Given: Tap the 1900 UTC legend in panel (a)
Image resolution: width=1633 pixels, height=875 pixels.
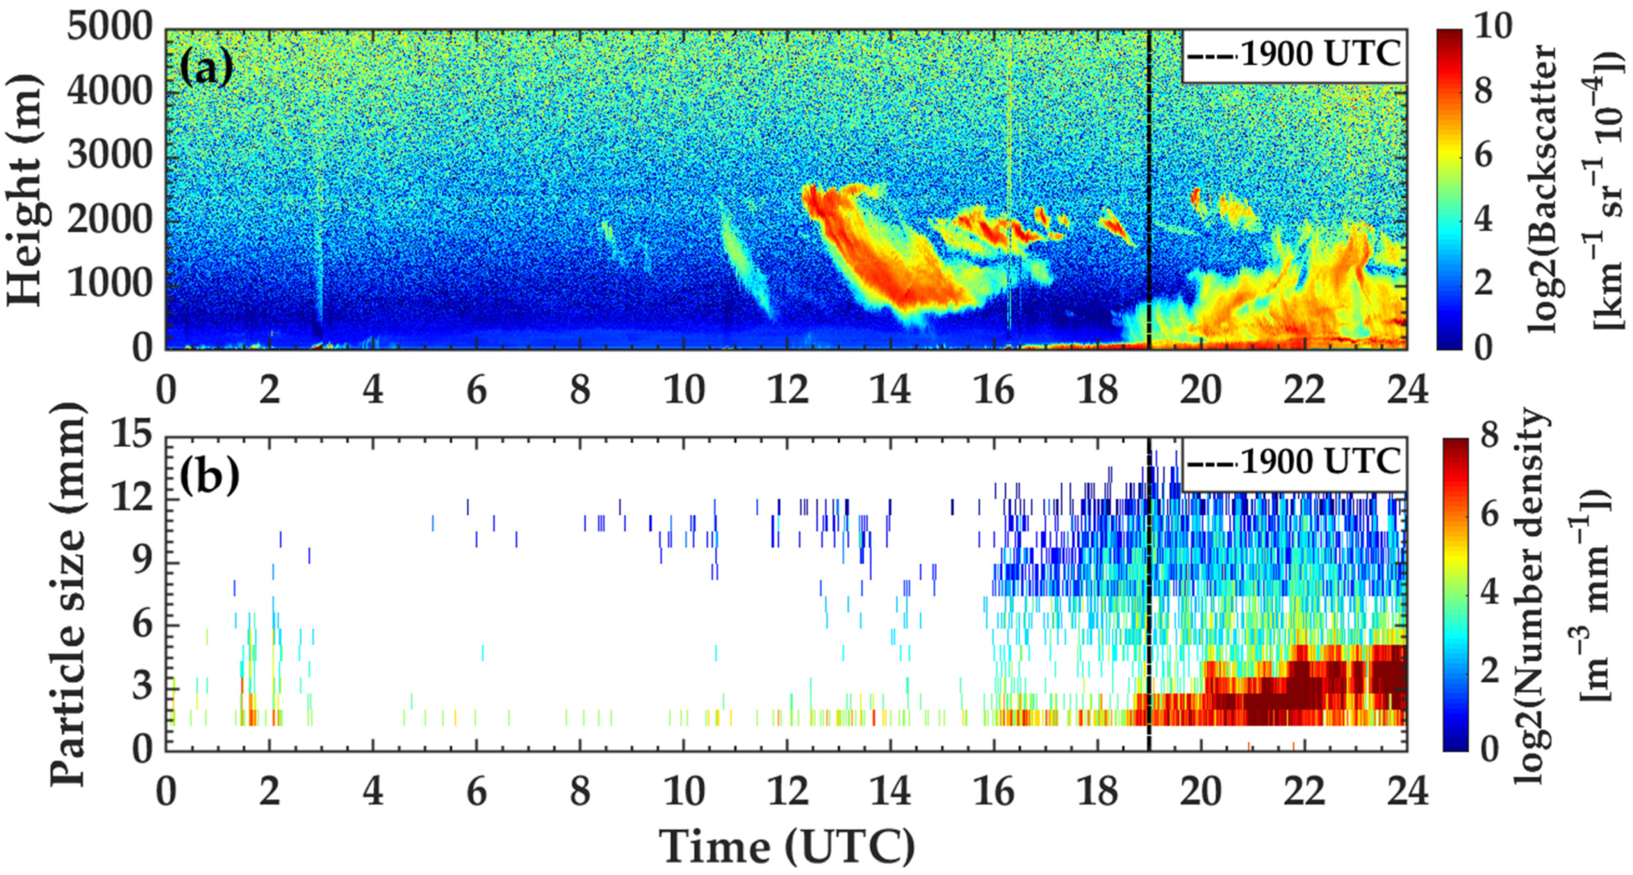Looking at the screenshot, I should coord(1293,55).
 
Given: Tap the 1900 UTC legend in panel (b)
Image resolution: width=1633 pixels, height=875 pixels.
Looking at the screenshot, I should coord(1293,463).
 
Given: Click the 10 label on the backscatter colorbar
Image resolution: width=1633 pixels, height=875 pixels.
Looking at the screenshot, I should coord(1493,29).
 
